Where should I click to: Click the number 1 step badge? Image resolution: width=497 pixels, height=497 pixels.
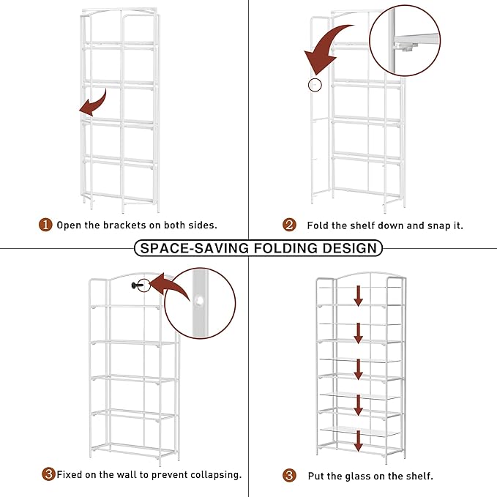(x=45, y=225)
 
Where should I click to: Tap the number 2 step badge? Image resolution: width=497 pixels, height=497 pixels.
(x=289, y=225)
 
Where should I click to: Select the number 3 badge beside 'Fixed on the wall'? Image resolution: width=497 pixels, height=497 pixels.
(x=48, y=474)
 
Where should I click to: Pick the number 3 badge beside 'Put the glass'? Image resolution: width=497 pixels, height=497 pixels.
(x=289, y=476)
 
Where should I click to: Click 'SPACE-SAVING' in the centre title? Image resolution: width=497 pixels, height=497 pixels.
(x=195, y=248)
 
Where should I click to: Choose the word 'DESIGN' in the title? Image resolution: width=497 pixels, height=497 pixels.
(x=349, y=248)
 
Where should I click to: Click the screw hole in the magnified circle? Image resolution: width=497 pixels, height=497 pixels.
(x=199, y=301)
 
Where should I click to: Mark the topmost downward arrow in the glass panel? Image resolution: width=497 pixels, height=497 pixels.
(x=358, y=296)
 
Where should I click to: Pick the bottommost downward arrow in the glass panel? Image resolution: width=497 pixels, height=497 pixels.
(x=358, y=441)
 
